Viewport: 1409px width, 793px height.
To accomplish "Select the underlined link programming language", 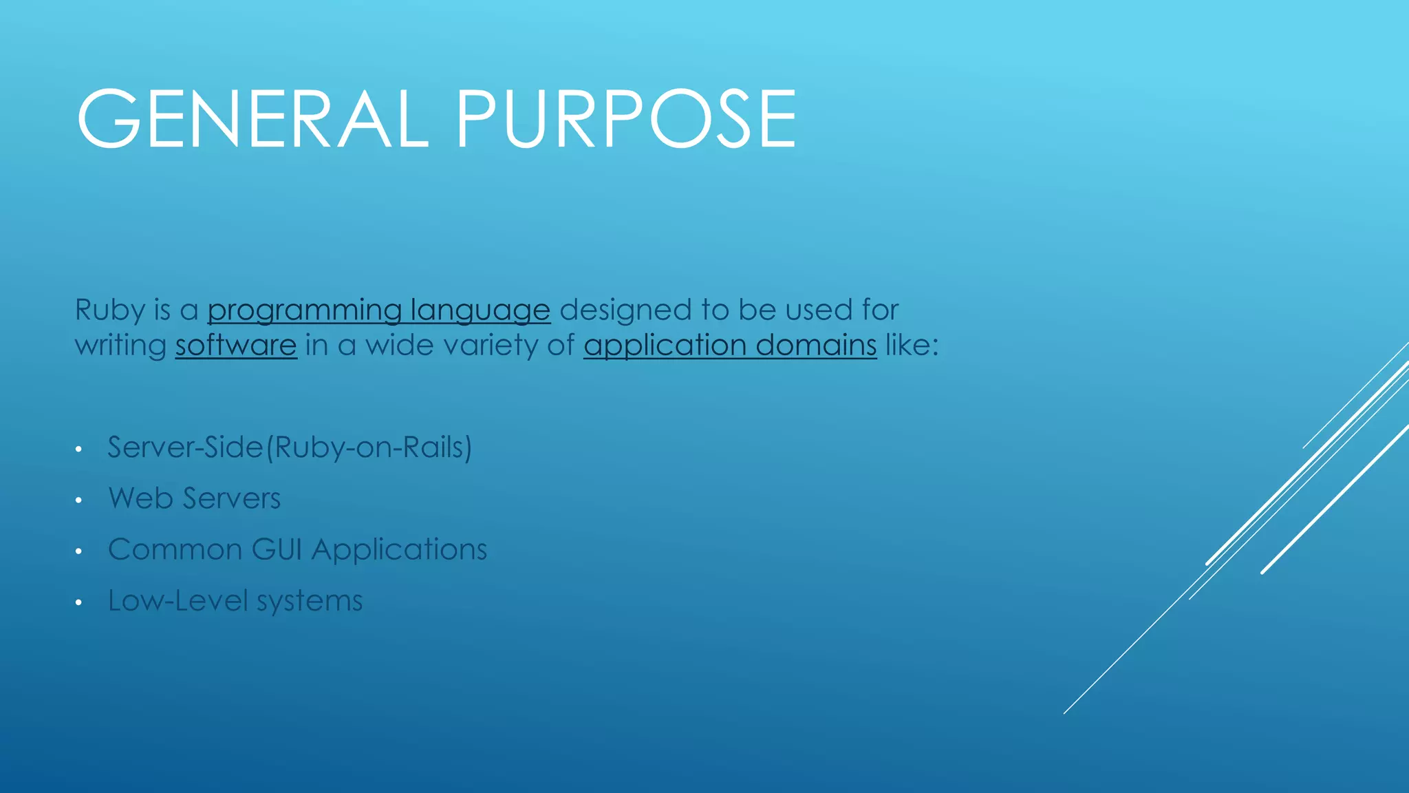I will point(378,310).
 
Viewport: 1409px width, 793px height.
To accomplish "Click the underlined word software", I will point(235,346).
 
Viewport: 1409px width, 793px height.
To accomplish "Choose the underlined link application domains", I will point(730,346).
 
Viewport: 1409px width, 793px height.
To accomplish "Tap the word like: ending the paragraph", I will point(912,346).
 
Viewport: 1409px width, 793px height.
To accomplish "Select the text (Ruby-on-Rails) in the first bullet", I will point(369,447).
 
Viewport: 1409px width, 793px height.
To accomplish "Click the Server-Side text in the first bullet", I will point(186,447).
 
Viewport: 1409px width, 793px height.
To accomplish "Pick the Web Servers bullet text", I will point(195,498).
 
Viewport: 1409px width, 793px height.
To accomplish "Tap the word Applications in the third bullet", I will point(399,549).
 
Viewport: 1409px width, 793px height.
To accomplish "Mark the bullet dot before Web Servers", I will point(79,500).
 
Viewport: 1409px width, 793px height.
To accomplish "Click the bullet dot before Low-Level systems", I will point(79,603).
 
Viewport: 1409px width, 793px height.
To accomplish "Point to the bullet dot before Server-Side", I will point(79,450).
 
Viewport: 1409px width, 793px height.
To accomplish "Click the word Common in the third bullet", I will point(175,549).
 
